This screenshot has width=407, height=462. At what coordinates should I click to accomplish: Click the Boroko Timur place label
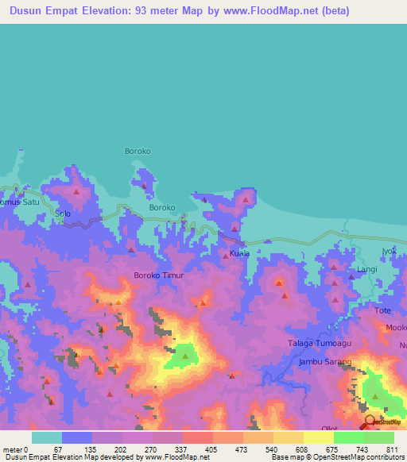coord(159,275)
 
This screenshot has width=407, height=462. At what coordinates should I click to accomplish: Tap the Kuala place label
coord(239,253)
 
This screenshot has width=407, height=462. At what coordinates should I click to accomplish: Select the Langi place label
coord(366,270)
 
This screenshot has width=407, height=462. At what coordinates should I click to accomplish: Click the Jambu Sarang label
coord(324,361)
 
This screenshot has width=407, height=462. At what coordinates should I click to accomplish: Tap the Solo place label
coord(63,214)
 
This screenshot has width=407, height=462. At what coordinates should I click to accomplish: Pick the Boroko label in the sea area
coord(138,151)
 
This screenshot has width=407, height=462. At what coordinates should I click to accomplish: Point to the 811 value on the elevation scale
coord(393,449)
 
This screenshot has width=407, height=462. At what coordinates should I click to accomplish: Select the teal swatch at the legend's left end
coord(46,437)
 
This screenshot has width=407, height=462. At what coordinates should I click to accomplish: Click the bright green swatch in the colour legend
coord(348,437)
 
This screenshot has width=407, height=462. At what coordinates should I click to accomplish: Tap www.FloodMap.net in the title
coord(255,12)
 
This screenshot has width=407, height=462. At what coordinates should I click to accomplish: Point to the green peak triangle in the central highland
coord(185,356)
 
